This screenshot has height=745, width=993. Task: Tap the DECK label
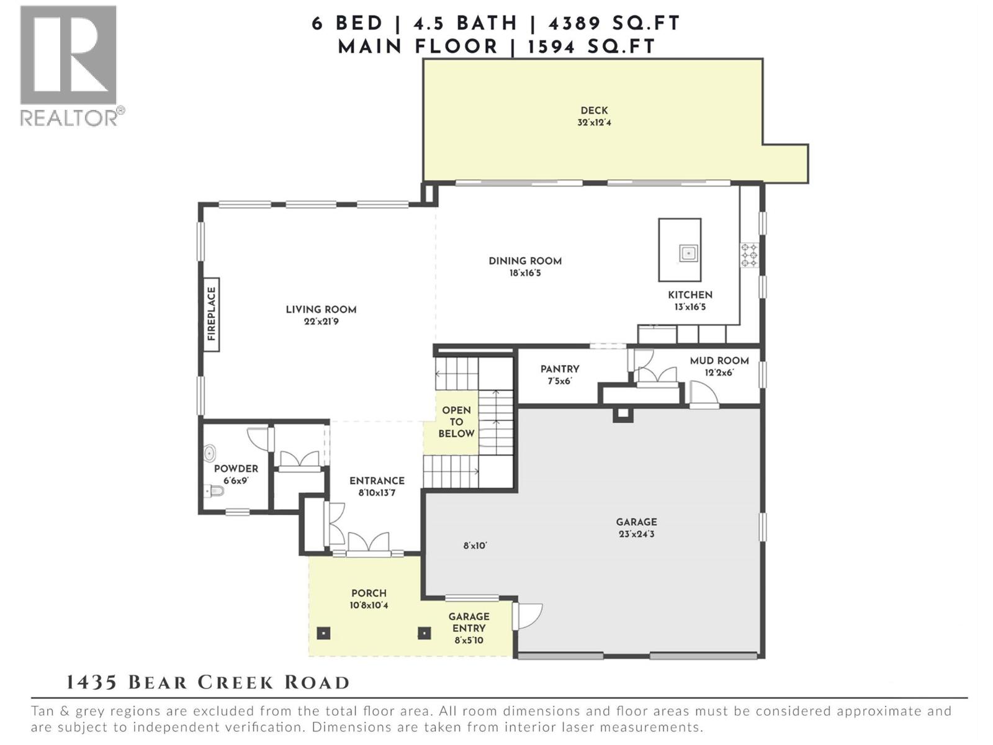(594, 111)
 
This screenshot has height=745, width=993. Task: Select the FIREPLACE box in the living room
(211, 314)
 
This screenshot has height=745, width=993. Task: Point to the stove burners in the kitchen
(750, 255)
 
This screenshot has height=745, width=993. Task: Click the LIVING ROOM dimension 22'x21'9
(321, 322)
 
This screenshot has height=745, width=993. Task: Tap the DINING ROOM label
(525, 261)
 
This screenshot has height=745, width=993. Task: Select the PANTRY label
(559, 369)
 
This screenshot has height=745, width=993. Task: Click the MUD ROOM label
(719, 361)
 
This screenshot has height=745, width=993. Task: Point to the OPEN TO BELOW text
(456, 422)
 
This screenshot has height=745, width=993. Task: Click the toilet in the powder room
(214, 492)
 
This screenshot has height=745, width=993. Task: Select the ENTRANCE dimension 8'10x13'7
(377, 493)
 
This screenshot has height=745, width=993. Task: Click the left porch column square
(323, 633)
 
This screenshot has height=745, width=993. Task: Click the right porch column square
(424, 633)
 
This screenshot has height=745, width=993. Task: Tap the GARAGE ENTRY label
(469, 622)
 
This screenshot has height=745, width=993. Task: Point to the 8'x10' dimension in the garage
(475, 546)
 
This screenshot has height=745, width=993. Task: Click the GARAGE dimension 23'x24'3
(636, 534)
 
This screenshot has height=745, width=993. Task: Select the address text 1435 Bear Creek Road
(208, 683)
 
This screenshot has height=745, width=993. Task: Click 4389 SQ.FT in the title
(614, 24)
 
